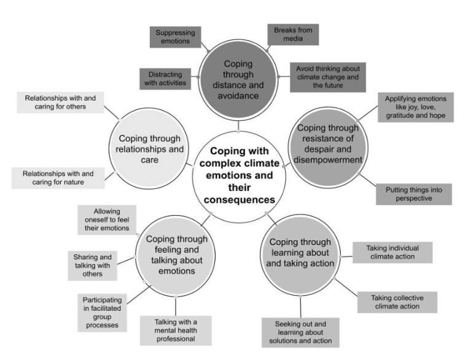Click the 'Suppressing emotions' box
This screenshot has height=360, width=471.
coord(174,37)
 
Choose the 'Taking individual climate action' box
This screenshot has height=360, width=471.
coord(392,252)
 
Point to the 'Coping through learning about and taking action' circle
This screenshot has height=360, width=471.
coord(300,252)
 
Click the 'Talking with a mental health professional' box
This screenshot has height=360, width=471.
coord(175,330)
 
